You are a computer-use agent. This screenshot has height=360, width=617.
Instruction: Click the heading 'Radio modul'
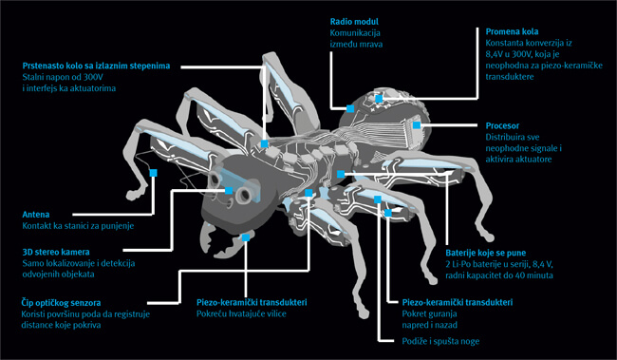pos(354,22)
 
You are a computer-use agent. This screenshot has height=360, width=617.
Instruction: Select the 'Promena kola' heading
pos(512,31)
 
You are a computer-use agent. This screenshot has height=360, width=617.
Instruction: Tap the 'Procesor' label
pos(502,126)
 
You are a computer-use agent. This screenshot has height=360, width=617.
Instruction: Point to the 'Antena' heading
pos(36,215)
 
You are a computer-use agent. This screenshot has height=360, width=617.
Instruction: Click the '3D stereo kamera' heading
pos(56,252)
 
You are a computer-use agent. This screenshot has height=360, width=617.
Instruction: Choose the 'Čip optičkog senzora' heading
pos(61,303)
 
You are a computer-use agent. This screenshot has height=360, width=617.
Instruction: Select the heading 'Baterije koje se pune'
pos(486,253)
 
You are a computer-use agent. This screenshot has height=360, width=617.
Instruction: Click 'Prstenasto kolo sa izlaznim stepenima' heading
pos(96,66)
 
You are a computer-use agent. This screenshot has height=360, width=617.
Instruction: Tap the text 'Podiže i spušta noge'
pos(440,341)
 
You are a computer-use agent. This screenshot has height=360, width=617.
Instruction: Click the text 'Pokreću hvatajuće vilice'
pos(241,313)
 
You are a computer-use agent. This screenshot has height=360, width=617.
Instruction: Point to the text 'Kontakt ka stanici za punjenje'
pos(78,226)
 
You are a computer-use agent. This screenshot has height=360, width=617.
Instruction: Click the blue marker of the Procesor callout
pos(417,125)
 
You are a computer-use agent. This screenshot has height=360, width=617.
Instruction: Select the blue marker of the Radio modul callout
pos(350,108)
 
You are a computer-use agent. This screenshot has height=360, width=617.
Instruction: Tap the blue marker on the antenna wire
pos(154,173)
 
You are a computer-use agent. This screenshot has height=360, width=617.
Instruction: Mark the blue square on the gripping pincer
pos(246,237)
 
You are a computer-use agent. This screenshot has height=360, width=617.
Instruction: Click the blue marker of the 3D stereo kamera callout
pos(229,191)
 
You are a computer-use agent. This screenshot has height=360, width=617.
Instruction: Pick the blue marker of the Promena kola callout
pos(379,99)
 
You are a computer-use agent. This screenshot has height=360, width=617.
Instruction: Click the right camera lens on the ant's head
pos(245,195)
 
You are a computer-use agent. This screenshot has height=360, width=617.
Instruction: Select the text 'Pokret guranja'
pos(429,313)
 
